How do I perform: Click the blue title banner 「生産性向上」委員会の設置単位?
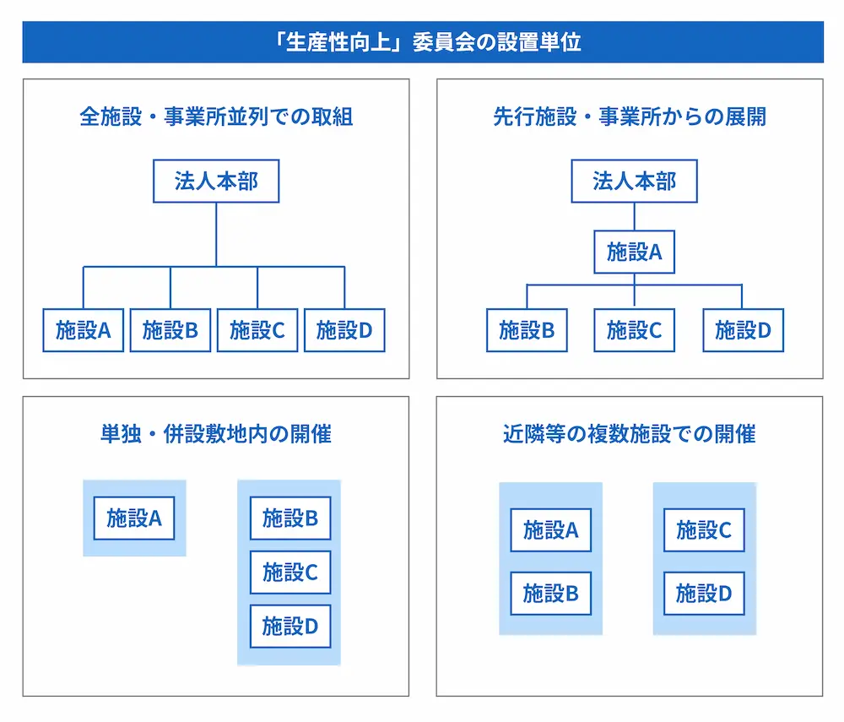point(422,42)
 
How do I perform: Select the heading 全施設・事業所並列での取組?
point(216,117)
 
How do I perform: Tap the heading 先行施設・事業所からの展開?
point(630,117)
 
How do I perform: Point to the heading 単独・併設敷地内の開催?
point(216,434)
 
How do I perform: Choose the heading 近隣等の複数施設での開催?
point(630,434)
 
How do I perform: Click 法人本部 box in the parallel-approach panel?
point(216,182)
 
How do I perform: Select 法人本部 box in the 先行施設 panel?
point(634,182)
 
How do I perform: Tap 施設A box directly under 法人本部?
point(634,252)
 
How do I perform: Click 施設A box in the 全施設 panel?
point(84,330)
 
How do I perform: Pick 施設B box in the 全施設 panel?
point(170,330)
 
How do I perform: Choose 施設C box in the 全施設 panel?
point(257,330)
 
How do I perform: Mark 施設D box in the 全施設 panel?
point(344,330)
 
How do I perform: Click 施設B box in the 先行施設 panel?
point(527,330)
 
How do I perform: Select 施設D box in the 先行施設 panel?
point(743,330)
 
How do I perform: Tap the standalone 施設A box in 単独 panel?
point(134,518)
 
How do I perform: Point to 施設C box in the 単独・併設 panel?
point(290,573)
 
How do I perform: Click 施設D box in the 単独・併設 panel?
point(290,627)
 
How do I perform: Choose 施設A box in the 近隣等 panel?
point(550,530)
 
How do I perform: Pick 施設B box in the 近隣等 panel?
point(550,594)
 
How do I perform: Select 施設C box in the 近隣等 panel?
point(704,530)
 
